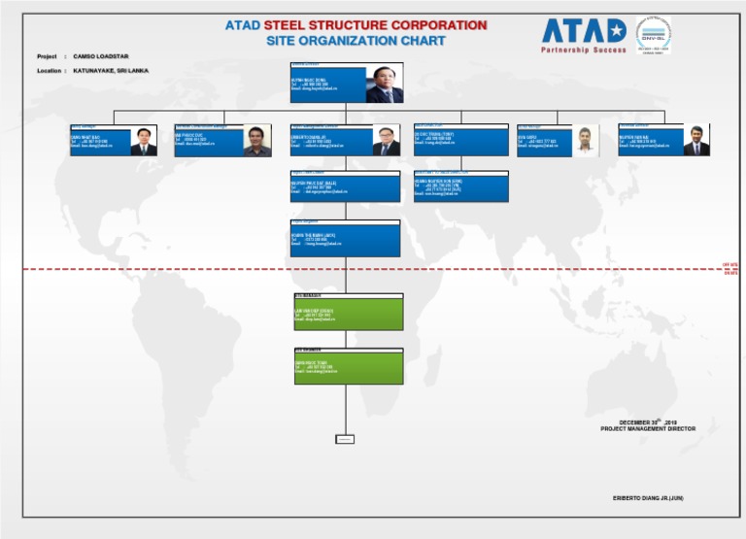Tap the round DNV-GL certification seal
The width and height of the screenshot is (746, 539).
pos(653,34)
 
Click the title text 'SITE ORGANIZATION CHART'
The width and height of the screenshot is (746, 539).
pos(356,41)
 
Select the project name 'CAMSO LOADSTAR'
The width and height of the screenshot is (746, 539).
pos(101,56)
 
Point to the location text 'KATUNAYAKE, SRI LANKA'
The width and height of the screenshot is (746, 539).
pos(111,71)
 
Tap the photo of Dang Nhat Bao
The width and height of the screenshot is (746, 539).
pos(144,142)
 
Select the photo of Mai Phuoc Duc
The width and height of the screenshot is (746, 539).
pos(257,142)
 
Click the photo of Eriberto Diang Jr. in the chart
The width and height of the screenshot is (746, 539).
pos(386,142)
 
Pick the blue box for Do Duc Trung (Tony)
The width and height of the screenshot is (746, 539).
pos(460,142)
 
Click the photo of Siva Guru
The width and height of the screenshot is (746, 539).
pos(586,142)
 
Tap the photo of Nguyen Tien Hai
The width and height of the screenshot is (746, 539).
pos(695,141)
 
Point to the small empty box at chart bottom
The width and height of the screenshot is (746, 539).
pos(345,439)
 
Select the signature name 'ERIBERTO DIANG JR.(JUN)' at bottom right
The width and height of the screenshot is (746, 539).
pos(648,498)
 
